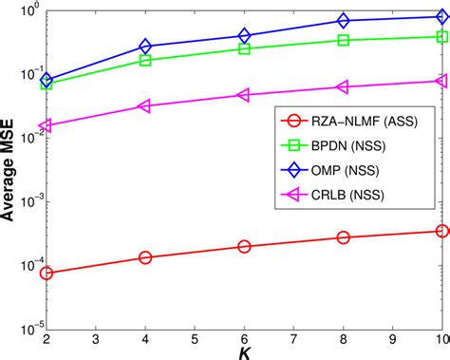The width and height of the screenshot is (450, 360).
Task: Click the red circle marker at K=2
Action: pos(47,273)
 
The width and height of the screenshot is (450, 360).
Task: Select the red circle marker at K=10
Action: pos(441,231)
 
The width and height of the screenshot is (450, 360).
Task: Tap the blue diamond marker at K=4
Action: pos(145,47)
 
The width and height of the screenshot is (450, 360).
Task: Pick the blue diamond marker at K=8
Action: pos(343,20)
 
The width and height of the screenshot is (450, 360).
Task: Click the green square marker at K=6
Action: pos(244,48)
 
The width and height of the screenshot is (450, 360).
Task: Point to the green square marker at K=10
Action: pos(441,37)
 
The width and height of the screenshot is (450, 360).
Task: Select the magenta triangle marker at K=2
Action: pos(47,125)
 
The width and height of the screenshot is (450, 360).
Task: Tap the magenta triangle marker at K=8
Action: pos(343,87)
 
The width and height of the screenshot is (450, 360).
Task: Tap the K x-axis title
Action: pos(244,352)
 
